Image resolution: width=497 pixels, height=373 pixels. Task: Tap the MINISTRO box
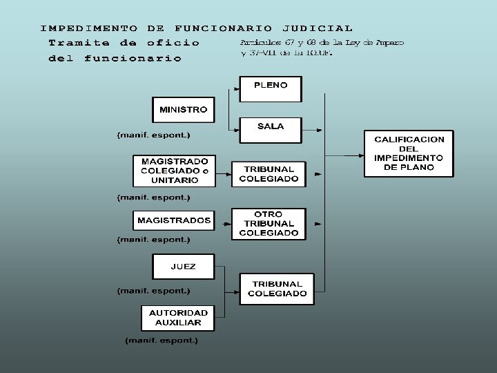click(183, 110)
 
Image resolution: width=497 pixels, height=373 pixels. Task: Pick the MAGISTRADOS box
click(174, 221)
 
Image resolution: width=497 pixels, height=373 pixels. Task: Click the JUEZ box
click(183, 267)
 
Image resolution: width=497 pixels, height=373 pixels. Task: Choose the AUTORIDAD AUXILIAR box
click(178, 318)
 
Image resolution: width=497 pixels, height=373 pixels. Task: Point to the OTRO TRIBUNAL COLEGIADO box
click(269, 224)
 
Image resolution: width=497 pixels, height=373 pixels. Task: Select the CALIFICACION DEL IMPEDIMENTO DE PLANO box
click(409, 153)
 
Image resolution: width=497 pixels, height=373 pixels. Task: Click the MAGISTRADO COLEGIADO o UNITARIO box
click(174, 170)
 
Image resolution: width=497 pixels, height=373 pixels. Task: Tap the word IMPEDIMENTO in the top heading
click(88, 28)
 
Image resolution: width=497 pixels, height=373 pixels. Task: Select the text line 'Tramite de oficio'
click(124, 43)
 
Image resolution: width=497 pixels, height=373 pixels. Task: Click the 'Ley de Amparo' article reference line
click(322, 43)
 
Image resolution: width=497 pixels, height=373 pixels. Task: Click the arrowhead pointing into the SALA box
click(235, 129)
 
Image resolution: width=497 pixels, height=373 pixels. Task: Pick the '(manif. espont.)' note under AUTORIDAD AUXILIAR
click(162, 341)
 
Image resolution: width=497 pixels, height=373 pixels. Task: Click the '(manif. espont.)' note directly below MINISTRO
click(153, 134)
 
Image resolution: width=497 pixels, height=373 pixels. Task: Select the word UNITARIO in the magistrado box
click(175, 180)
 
